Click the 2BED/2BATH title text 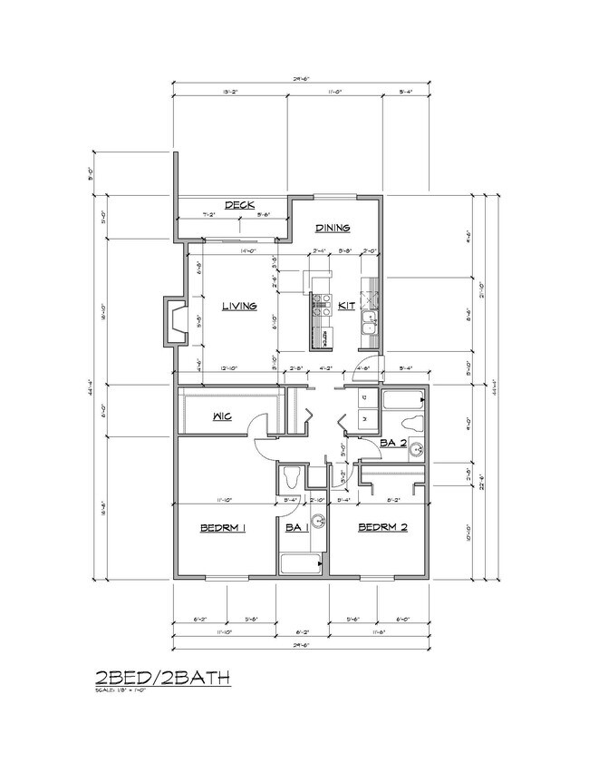(x=162, y=677)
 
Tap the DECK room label (x=239, y=204)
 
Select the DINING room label (x=333, y=229)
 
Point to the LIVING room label (x=239, y=306)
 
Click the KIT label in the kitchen (x=346, y=307)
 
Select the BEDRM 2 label (x=381, y=527)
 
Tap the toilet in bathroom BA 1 (x=292, y=475)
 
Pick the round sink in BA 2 (x=416, y=448)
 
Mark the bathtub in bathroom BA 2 (x=402, y=399)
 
